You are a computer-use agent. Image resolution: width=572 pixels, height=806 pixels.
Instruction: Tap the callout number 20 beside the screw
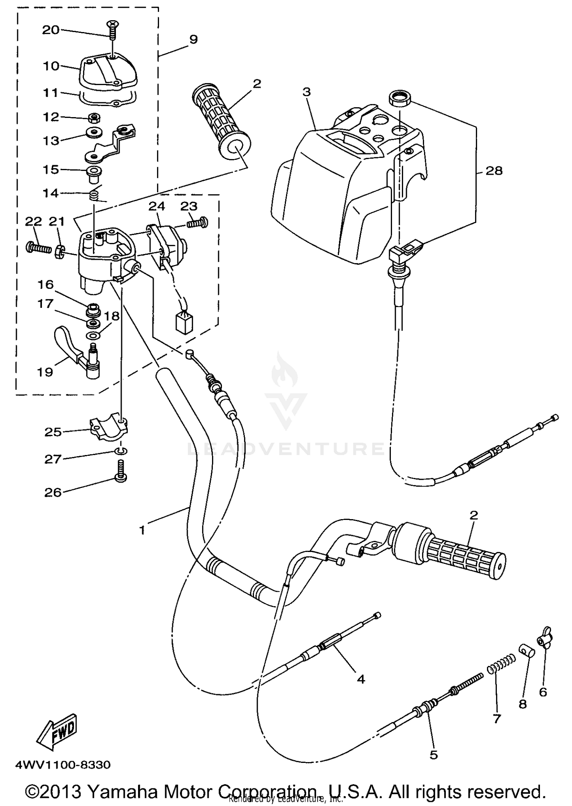(51, 30)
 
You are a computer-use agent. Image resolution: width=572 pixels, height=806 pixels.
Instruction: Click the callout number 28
(494, 171)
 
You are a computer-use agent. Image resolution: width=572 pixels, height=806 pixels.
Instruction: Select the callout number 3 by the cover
(307, 92)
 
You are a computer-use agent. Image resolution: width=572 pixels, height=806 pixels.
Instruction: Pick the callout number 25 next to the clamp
(53, 432)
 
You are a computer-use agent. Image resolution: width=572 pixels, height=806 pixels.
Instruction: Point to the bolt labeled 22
(38, 248)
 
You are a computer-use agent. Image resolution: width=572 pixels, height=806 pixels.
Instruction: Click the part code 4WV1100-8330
(63, 765)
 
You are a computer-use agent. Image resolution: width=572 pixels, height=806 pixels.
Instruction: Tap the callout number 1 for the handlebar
(142, 530)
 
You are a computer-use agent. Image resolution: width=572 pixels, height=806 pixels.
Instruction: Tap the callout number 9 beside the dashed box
(193, 39)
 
